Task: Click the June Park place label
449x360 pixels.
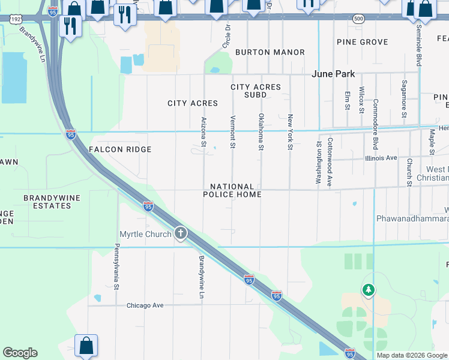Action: [x=333, y=74]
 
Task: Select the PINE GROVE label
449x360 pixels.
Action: [x=362, y=41]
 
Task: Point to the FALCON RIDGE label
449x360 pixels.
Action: [x=120, y=149]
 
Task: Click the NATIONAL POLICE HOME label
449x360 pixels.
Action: [x=232, y=191]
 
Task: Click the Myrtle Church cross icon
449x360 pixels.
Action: [x=180, y=233]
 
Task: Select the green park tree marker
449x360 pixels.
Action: [x=368, y=290]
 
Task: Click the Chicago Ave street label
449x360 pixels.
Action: [x=145, y=305]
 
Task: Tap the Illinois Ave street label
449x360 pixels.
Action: [x=381, y=158]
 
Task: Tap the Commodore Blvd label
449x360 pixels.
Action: [x=375, y=124]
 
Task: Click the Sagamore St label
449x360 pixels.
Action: [x=404, y=98]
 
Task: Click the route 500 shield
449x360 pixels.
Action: [x=358, y=19]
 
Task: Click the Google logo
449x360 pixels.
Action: [x=20, y=353]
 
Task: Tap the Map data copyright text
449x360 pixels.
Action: [x=411, y=355]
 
